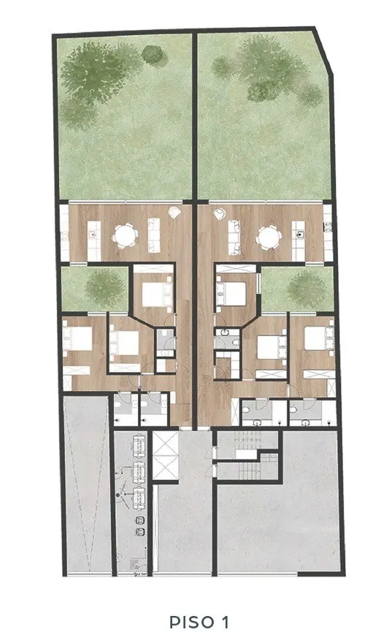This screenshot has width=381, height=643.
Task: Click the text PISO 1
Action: [x=199, y=622]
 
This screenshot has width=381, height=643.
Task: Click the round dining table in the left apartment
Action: [x=125, y=236]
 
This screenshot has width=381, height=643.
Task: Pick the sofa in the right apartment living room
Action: [x=235, y=237]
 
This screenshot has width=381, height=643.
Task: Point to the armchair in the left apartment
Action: [x=175, y=213]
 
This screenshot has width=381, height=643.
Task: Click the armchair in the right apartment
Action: [x=220, y=214]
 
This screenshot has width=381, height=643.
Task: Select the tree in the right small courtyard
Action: [x=307, y=289]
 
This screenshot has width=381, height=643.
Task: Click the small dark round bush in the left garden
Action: [x=153, y=54]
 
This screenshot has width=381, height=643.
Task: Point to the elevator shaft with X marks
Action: [x=166, y=455]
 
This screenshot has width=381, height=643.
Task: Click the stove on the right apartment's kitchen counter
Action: [x=327, y=227]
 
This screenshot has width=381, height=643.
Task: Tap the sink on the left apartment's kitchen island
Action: [x=93, y=235]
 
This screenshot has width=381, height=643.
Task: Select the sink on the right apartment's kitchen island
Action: [x=300, y=235]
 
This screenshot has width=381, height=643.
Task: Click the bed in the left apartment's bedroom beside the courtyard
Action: [x=156, y=294]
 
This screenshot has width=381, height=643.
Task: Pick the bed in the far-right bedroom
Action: [x=319, y=338]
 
